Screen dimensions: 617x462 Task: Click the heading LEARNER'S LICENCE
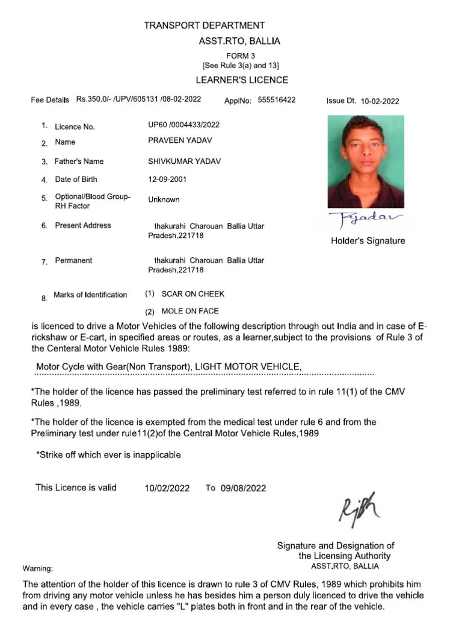pos(242,80)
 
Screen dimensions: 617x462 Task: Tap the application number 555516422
pos(276,100)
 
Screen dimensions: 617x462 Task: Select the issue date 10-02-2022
pos(380,101)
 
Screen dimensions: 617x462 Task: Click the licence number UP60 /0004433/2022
pos(184,125)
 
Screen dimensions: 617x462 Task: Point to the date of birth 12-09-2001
pos(165,179)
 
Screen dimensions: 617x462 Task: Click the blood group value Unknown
pos(164,199)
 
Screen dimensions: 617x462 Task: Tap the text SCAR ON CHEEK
pos(192,294)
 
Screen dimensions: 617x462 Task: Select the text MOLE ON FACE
pos(190,312)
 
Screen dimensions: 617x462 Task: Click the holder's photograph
pos(366,161)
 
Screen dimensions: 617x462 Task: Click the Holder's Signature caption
pos(368,241)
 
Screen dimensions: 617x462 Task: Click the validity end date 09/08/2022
pos(243,489)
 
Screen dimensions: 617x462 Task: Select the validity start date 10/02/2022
pos(167,489)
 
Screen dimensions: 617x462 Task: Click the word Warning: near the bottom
pos(38,568)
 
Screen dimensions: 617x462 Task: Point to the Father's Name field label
pos(79,161)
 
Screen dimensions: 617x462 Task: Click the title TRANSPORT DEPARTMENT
pos(204,25)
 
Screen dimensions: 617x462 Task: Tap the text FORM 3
pos(241,56)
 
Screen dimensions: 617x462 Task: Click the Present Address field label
pos(83,225)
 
